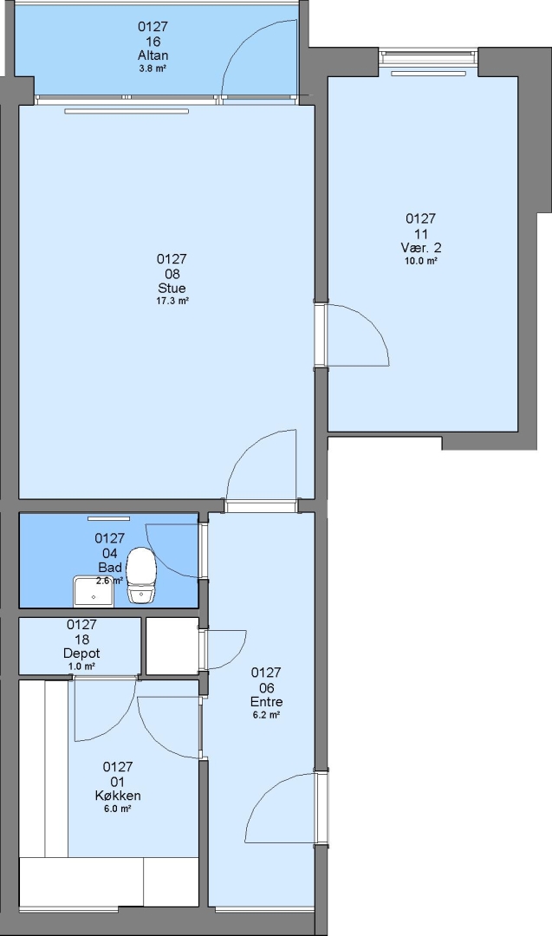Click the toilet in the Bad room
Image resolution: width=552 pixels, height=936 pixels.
pos(142,575)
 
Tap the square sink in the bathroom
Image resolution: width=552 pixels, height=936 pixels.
pos(93,592)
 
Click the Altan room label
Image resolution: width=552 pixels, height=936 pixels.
pos(153,55)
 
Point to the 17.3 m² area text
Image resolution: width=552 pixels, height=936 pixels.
pos(172,302)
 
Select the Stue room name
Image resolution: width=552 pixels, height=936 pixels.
pos(172,288)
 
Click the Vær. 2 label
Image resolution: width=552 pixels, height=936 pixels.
pos(420,247)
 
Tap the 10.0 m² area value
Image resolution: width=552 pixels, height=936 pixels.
pos(420,261)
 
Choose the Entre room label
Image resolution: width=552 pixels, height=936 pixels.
pos(266,701)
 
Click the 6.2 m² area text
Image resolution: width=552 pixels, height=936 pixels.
pos(266,715)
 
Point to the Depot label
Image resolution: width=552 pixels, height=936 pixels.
pos(81,653)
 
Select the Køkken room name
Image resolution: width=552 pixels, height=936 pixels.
pos(118,795)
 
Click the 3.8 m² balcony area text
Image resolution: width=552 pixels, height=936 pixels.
pos(153,68)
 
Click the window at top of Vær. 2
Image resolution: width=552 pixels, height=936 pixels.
pos(428,57)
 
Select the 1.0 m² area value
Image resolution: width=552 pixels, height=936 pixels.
pos(81,666)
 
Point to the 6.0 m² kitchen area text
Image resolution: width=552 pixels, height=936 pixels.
pos(118,809)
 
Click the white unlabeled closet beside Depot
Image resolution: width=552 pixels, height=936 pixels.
pos(172,647)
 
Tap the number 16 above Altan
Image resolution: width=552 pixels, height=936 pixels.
pos(153,42)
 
